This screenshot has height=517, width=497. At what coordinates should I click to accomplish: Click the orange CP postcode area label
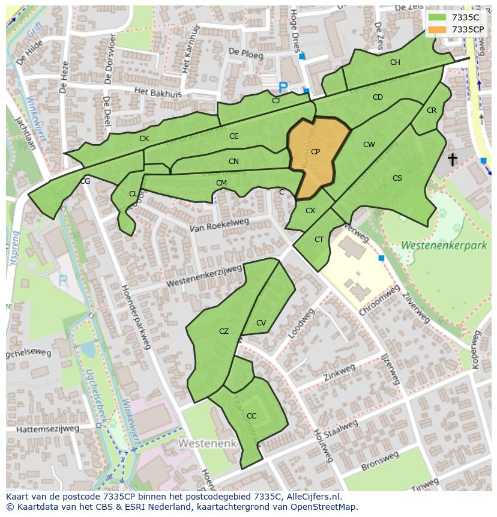coord(315,152)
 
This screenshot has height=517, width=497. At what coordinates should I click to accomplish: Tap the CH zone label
coord(395,62)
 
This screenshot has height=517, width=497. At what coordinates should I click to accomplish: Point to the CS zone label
coord(397,178)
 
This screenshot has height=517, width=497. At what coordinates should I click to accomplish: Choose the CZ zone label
coord(224,331)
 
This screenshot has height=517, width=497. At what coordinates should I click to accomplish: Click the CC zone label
coord(252,416)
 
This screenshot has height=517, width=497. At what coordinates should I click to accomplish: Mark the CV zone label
coord(261,323)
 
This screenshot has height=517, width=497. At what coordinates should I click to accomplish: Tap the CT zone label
coord(319,240)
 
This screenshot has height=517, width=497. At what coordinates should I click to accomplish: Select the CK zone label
coord(144,139)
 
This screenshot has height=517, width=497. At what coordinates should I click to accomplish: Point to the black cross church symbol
coord(452,159)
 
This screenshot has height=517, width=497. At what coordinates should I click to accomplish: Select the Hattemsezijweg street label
coord(47,429)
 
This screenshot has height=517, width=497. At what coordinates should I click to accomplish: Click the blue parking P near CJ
coord(283,88)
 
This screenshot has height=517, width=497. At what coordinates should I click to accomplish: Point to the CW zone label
coord(369,145)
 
